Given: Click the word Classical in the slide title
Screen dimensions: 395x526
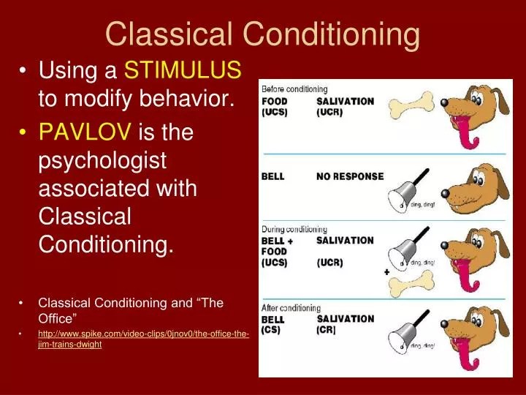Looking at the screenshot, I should coord(169,34).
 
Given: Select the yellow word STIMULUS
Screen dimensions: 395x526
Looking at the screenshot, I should coord(183,70).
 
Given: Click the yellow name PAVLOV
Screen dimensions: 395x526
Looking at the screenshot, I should coord(84,132).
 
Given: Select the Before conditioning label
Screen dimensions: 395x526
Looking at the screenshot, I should coord(294,89).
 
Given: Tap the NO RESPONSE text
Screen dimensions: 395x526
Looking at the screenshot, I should coord(350,176).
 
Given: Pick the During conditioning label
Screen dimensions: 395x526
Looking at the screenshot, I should coord(294,228).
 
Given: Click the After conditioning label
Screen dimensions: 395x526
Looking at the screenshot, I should coord(291,308).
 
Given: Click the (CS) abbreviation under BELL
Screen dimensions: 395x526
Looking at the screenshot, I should coord(272,331).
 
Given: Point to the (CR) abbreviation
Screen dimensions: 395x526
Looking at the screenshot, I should coord(326,331).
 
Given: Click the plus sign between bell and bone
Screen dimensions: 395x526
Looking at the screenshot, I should coord(386,272).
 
